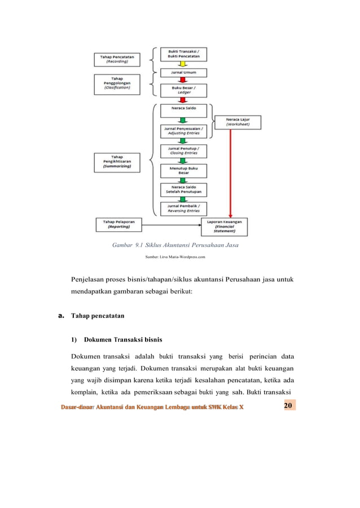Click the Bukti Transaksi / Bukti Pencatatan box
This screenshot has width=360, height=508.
[183, 55]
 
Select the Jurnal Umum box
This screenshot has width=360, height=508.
[183, 73]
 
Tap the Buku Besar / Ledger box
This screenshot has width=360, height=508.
[183, 91]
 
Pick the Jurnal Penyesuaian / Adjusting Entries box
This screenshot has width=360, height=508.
[183, 131]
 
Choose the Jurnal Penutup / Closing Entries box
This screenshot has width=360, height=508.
[183, 151]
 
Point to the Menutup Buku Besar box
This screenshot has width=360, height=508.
[183, 171]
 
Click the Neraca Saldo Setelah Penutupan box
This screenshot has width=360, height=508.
[183, 190]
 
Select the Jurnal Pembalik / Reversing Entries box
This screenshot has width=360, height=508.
[183, 209]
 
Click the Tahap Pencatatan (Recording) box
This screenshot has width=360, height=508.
[118, 60]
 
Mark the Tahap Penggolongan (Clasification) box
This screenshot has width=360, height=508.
[118, 84]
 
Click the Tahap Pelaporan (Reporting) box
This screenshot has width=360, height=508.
[118, 224]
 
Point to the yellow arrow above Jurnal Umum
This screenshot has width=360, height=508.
[183, 64]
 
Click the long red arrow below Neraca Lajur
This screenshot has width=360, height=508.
[230, 175]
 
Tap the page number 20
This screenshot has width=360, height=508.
[288, 406]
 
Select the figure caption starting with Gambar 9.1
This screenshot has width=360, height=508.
[175, 245]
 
